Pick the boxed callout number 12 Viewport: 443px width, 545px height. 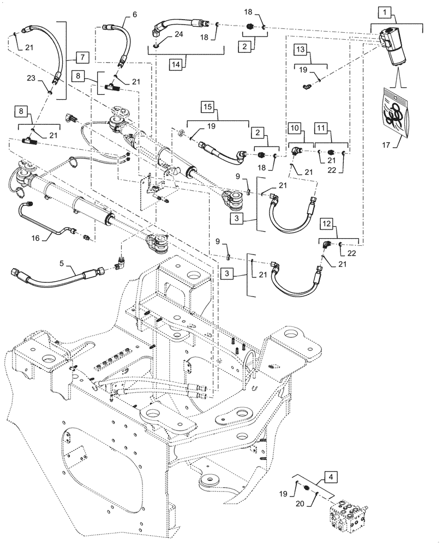pyautogui.click(x=326, y=224)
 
